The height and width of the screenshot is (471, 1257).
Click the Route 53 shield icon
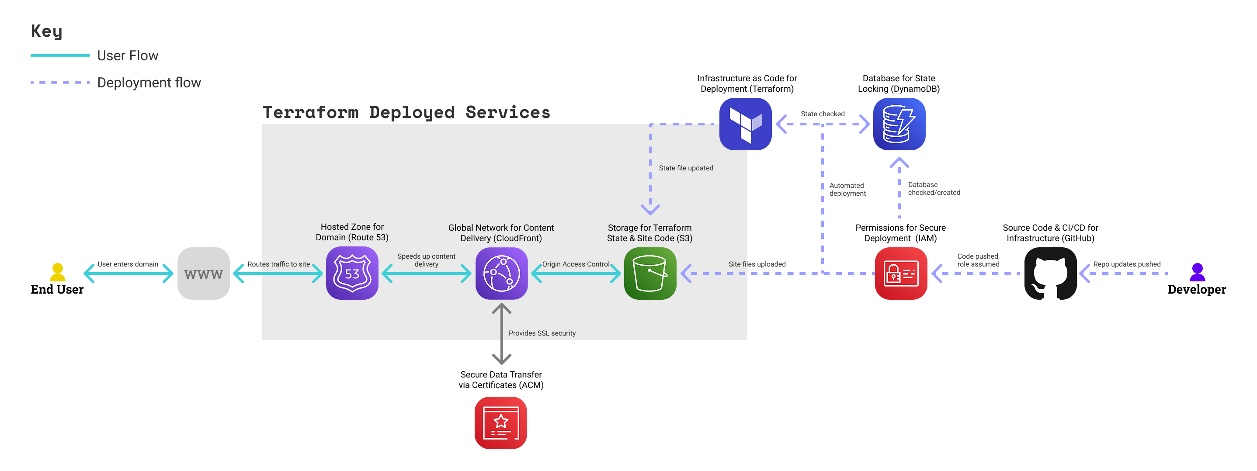tap(352, 273)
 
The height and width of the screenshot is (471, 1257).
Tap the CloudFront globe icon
tap(501, 273)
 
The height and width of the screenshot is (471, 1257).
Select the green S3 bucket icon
tap(650, 273)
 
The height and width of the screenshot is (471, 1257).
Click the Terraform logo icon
tap(745, 124)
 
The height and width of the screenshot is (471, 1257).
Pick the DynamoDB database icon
tap(899, 124)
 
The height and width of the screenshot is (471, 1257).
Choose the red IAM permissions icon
tap(901, 273)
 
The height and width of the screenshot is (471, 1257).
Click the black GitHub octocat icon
tap(1050, 273)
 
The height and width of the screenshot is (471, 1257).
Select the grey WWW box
tap(204, 273)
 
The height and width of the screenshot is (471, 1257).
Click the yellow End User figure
tap(58, 272)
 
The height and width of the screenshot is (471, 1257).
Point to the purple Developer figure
tap(1197, 272)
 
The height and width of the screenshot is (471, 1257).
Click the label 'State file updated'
tap(686, 168)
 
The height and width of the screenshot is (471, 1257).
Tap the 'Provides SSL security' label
tap(542, 333)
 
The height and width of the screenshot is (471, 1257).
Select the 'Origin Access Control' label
tap(576, 264)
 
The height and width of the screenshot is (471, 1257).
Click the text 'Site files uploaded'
tap(757, 264)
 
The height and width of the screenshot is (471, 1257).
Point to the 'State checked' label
tap(822, 114)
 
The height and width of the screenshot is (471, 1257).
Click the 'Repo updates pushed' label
tap(1127, 264)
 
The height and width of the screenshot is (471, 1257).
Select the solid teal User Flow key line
tap(60, 55)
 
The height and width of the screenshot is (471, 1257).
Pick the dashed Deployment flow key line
tap(60, 83)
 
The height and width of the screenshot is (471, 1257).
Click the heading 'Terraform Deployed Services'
tap(406, 112)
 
